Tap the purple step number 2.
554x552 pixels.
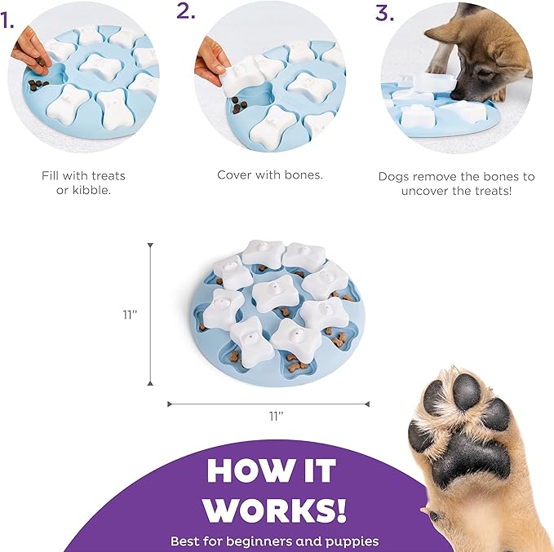pyautogui.click(x=186, y=11)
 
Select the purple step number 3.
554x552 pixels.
pyautogui.click(x=385, y=13)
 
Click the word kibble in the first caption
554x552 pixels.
pyautogui.click(x=91, y=190)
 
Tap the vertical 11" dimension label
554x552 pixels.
pyautogui.click(x=130, y=314)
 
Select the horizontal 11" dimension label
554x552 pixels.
pyautogui.click(x=277, y=416)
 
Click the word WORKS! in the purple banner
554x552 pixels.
pyautogui.click(x=276, y=510)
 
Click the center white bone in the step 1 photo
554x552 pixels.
pyautogui.click(x=100, y=66)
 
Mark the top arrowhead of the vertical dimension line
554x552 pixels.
pyautogui.click(x=150, y=245)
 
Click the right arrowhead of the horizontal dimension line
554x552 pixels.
pyautogui.click(x=367, y=404)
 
